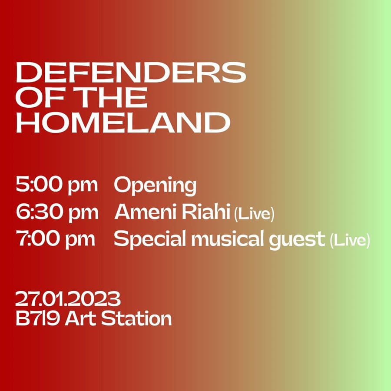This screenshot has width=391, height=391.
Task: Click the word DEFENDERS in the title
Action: (131, 72)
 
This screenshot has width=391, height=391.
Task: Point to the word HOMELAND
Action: (123, 122)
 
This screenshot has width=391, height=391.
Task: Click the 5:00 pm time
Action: (56, 185)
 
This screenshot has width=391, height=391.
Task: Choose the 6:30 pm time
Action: (57, 212)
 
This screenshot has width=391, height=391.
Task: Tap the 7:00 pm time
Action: (55, 239)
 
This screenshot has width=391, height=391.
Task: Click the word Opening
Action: (155, 186)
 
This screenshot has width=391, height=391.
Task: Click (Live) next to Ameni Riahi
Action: (254, 214)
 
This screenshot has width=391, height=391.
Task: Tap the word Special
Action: (150, 239)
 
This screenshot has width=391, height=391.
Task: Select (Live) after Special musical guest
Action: (350, 241)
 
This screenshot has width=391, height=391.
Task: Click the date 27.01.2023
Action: (68, 298)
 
